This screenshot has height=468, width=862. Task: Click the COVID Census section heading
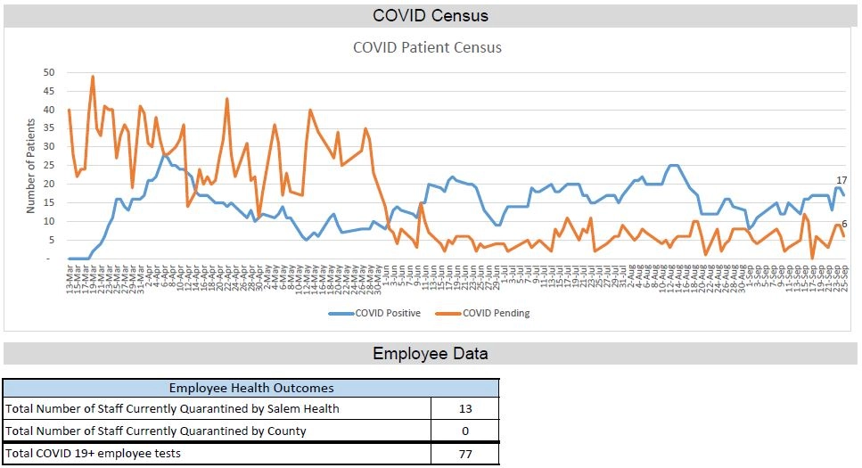[x=431, y=16]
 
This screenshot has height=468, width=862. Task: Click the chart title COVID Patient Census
[x=427, y=47]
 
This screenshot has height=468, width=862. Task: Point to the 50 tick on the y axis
[x=49, y=72]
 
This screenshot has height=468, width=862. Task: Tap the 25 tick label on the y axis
[x=49, y=166]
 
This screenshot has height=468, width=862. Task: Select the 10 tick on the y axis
[x=49, y=221]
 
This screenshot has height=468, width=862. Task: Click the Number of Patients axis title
[x=30, y=166]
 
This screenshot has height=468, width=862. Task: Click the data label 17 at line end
[x=841, y=181]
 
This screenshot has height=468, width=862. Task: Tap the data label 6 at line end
[x=844, y=224]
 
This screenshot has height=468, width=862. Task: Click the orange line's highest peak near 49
[x=93, y=78]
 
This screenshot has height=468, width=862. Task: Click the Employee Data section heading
[x=431, y=354]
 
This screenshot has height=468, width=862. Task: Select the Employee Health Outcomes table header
[x=250, y=388]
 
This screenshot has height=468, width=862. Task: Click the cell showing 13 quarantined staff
[x=464, y=409]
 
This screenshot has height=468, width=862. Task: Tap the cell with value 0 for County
[x=464, y=431]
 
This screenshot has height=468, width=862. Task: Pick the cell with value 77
[x=464, y=455]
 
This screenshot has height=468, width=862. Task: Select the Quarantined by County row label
[x=156, y=431]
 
